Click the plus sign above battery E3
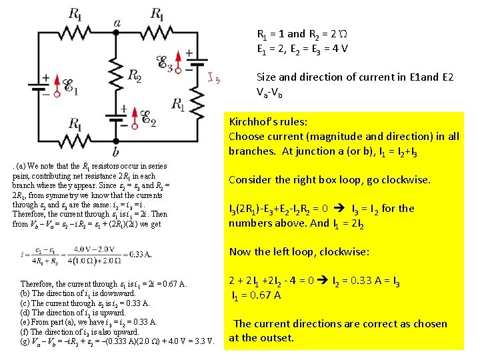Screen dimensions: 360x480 pos(189,53)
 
